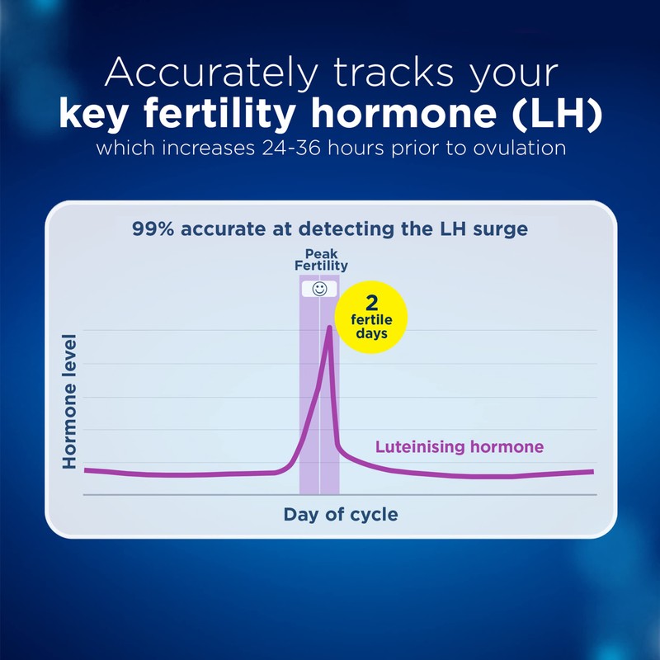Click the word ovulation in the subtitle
[x=523, y=150]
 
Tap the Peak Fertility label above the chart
[x=321, y=260]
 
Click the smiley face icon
[x=319, y=289]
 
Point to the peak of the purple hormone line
[x=330, y=328]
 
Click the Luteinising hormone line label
[x=460, y=447]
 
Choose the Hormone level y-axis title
[x=70, y=402]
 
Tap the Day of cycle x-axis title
[x=340, y=515]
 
